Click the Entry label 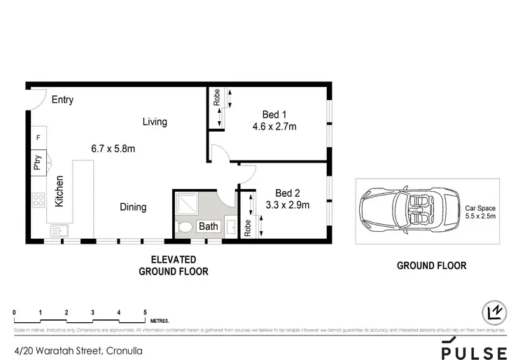[62, 100]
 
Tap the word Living [155, 122]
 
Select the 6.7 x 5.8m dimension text [113, 148]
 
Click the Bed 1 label [274, 115]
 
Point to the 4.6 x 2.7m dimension [274, 127]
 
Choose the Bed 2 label [287, 193]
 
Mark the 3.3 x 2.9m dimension [287, 205]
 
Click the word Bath [208, 226]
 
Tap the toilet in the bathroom [185, 227]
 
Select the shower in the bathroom [188, 204]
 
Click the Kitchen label [60, 191]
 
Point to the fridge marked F [38, 138]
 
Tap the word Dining [132, 207]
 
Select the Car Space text [480, 208]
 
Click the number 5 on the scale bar [145, 312]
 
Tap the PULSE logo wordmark [473, 348]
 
